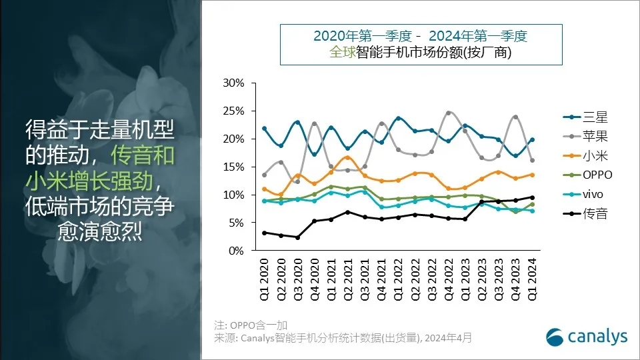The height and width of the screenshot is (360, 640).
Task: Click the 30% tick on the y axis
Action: point(233,83)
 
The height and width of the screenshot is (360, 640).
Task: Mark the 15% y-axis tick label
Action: point(233,167)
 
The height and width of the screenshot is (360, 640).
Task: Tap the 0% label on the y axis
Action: point(236,251)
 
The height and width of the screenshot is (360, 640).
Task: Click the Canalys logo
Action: point(587,337)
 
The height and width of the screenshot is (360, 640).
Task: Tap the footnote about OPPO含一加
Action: point(251,325)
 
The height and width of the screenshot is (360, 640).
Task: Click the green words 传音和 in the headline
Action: point(143,155)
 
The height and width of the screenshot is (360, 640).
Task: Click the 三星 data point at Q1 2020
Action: point(265,128)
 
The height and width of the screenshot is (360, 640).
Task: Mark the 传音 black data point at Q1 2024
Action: point(531,197)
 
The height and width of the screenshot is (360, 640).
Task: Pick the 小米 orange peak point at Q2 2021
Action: point(348,157)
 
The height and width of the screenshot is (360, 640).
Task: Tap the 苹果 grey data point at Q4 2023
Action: point(515,117)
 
